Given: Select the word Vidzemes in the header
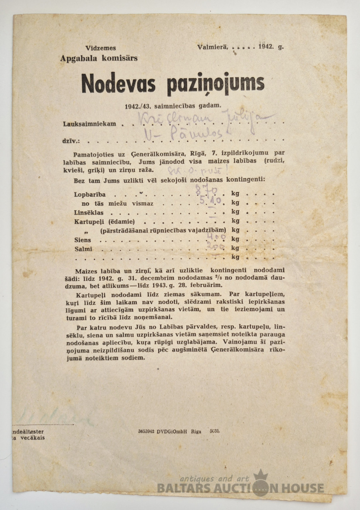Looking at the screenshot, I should click(100, 48).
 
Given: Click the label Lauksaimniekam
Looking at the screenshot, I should click(89, 124).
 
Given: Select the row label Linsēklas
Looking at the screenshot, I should click(88, 212).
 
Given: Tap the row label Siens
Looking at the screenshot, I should click(82, 240).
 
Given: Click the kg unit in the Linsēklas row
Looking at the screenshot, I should click(235, 212).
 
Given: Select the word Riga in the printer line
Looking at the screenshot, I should click(196, 431).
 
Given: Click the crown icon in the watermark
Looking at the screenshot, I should click(260, 476).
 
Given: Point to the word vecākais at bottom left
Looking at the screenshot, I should click(31, 437).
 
